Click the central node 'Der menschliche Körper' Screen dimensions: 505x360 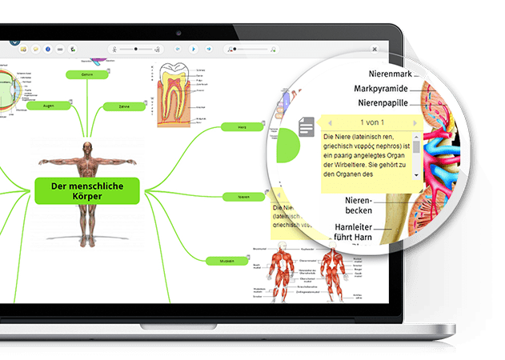tap(86, 191)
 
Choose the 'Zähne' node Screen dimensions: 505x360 tap(124, 106)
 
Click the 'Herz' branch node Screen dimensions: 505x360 tap(242, 126)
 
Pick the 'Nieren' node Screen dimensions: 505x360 tap(243, 196)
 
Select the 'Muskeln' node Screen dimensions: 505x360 tap(226, 261)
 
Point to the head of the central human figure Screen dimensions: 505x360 tap(87, 147)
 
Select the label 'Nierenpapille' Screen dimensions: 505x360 tap(382, 103)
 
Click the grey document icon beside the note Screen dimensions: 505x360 tap(307, 126)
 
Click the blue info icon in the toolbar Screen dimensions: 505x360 tap(48, 50)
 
